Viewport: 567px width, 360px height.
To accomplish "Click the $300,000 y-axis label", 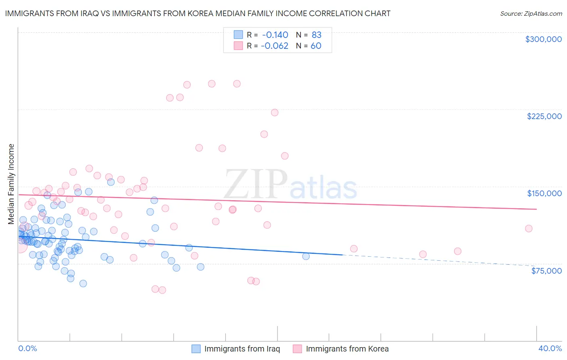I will [x=543, y=39].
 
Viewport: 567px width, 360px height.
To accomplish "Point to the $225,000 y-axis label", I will [x=544, y=116].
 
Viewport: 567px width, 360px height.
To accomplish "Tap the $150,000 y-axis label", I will [x=544, y=193].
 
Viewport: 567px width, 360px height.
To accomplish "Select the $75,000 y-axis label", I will [x=546, y=271].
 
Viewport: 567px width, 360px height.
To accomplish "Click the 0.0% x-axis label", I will [x=27, y=348].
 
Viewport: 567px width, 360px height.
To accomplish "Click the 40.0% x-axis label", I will [x=550, y=348].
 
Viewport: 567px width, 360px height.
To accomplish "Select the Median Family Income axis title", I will [x=11, y=184].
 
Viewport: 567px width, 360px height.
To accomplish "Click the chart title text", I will [x=198, y=13].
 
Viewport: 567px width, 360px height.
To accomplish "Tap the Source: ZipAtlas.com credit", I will [x=531, y=14].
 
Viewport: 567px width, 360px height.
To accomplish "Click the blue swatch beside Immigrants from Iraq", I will [x=196, y=349].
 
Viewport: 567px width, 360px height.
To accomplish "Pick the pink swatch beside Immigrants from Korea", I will [x=297, y=349].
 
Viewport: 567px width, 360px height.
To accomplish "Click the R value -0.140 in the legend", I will [x=275, y=35].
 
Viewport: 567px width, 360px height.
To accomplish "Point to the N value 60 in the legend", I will [x=316, y=46].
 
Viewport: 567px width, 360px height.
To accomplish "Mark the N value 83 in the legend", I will [x=316, y=35].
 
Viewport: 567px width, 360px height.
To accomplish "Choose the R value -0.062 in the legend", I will [x=274, y=46].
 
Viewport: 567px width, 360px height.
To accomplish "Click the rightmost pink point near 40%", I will [x=529, y=228].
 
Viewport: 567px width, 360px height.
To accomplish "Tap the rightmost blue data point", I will [x=306, y=256].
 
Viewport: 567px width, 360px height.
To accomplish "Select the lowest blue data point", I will [x=83, y=283].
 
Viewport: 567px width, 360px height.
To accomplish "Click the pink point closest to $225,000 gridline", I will [x=275, y=113].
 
